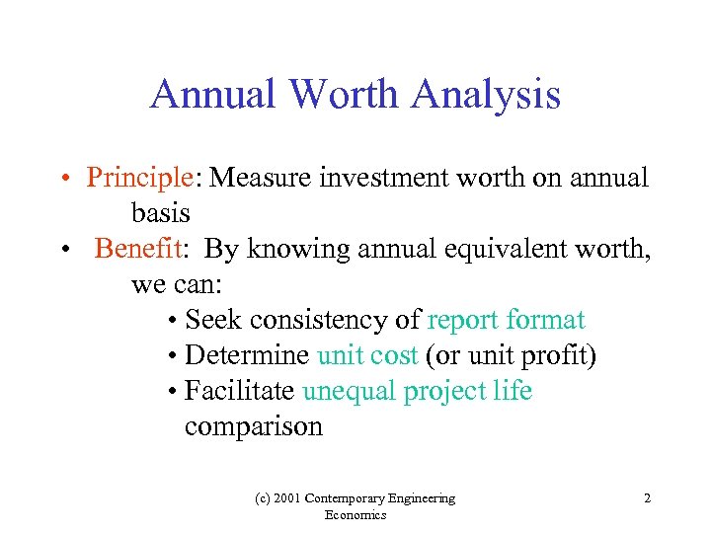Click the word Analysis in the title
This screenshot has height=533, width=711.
click(x=486, y=96)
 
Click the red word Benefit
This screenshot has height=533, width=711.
click(x=139, y=249)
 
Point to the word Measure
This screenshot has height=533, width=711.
click(x=258, y=178)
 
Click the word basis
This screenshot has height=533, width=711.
click(x=160, y=213)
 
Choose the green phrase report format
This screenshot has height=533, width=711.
click(x=506, y=320)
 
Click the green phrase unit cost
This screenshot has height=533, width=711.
click(x=367, y=355)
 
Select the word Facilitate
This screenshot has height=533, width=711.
click(x=239, y=391)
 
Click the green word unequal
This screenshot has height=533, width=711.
click(x=351, y=391)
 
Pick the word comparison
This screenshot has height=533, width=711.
click(x=253, y=426)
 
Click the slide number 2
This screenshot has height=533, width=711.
click(x=647, y=498)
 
